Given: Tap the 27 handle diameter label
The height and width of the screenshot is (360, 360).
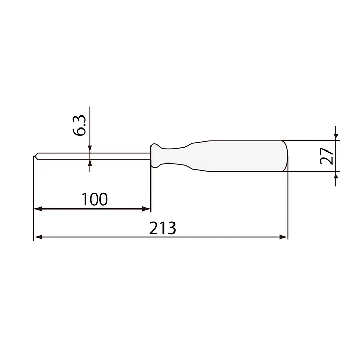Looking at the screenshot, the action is pyautogui.click(x=327, y=156).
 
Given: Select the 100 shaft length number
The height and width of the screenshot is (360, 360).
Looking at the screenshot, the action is pyautogui.click(x=95, y=199).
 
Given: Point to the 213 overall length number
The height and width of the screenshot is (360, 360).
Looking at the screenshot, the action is pyautogui.click(x=162, y=228).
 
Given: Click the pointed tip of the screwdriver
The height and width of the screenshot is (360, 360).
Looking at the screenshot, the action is pyautogui.click(x=34, y=156).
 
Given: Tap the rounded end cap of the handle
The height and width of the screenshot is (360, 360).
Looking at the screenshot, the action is pyautogui.click(x=285, y=156).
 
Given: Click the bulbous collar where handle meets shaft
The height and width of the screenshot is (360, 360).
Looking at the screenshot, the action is pyautogui.click(x=155, y=156).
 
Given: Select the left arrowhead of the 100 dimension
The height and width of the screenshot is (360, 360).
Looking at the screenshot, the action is pyautogui.click(x=38, y=209).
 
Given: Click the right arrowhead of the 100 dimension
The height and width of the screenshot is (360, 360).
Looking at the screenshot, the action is pyautogui.click(x=146, y=209).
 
